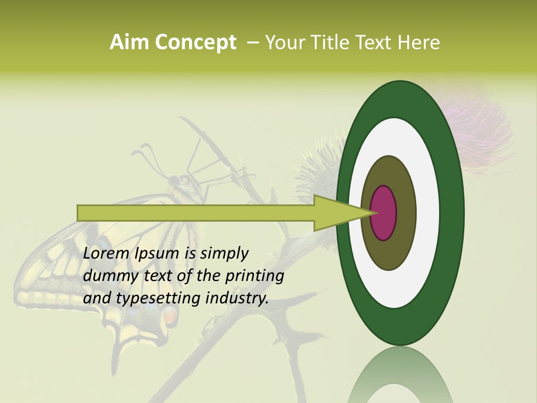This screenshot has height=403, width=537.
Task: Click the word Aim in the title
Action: point(130,43)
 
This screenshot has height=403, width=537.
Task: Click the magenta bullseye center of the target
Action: point(384,213)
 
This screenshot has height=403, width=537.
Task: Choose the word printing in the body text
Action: point(255,277)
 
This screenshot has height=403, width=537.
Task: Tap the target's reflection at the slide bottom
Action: point(400,378)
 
